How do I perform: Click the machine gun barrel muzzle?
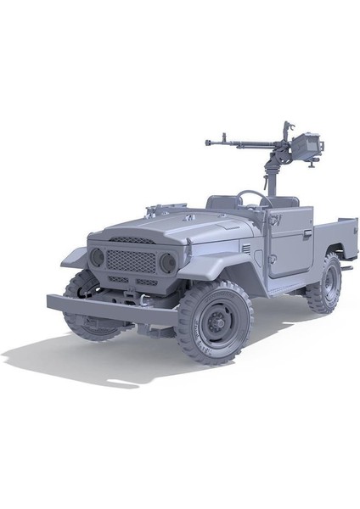click(208, 141)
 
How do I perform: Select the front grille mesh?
click(130, 260)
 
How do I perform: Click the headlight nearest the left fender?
click(98, 256)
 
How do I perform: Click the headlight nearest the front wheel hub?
click(167, 263)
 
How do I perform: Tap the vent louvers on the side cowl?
click(246, 249)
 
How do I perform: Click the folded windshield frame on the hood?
click(166, 207)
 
